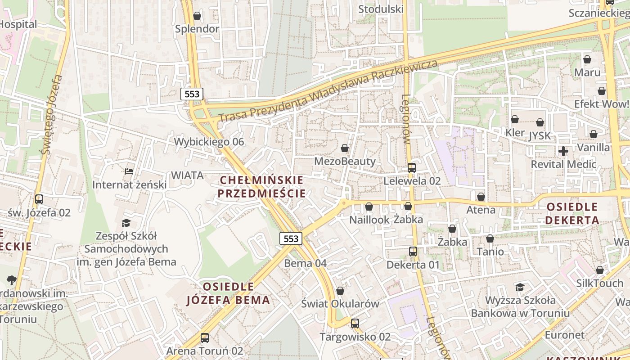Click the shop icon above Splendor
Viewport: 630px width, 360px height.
[x=197, y=16]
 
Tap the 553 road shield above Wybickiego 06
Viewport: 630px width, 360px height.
[x=192, y=94]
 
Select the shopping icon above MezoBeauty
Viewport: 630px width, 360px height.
[x=345, y=148]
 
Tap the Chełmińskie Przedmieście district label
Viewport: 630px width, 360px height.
[x=261, y=187]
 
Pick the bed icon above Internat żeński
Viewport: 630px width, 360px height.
[x=129, y=171]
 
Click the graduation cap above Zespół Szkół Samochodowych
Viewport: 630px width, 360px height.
[x=126, y=223]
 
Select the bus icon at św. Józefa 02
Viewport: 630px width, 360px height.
[x=39, y=199]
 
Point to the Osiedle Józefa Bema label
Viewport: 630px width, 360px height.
[x=229, y=293]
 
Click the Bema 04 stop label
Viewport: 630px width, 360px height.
[x=306, y=263]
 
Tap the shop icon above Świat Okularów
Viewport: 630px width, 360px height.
[x=340, y=291]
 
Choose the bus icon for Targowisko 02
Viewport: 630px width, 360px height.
[x=355, y=323]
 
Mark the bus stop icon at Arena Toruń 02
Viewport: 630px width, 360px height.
[x=205, y=337]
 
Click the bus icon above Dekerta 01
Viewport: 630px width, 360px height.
[x=413, y=252]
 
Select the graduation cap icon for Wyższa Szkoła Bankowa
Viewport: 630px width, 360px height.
[x=520, y=287]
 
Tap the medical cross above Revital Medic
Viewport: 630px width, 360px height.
[x=563, y=151]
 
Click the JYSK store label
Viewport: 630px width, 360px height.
[x=540, y=135]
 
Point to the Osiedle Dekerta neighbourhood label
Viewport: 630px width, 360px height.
[x=572, y=214]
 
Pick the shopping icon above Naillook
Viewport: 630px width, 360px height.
[x=369, y=207]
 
